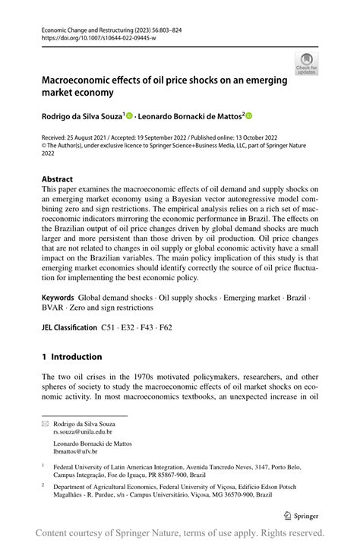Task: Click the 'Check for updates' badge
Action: coord(307,64)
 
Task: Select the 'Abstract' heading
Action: coord(57,179)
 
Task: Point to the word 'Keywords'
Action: coord(58,298)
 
